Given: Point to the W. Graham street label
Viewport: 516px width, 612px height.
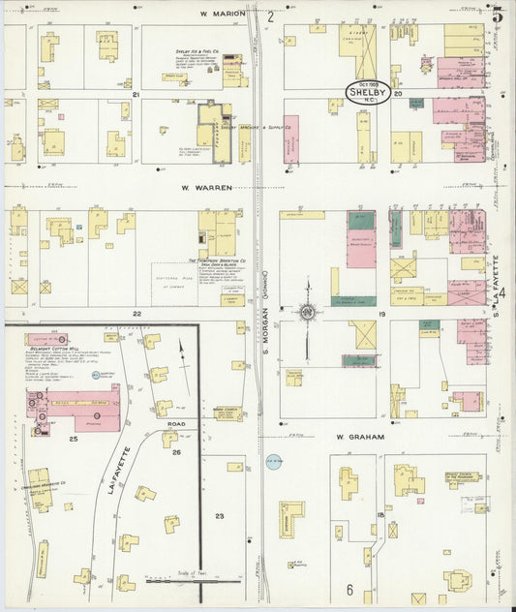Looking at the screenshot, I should pyautogui.click(x=360, y=437).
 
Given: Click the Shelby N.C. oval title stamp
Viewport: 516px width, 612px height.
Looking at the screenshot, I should pyautogui.click(x=369, y=93).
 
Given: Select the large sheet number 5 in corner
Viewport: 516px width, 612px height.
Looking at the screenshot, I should pyautogui.click(x=498, y=14).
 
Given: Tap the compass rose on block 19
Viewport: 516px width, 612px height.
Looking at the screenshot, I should pyautogui.click(x=307, y=312).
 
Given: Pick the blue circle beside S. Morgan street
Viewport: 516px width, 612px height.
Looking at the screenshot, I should pyautogui.click(x=274, y=463).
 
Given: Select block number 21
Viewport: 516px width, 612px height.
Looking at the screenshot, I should pyautogui.click(x=137, y=94).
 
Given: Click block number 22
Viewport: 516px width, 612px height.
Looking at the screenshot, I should pyautogui.click(x=137, y=314).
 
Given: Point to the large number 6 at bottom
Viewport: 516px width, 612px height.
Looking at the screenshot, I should pyautogui.click(x=349, y=589).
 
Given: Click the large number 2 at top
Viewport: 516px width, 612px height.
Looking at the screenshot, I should pyautogui.click(x=271, y=15).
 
